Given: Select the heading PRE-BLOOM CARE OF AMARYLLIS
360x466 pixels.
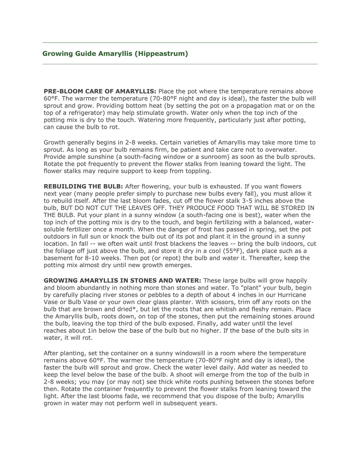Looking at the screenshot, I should click(x=100, y=91).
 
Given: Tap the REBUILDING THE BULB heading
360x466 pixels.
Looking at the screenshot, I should click(x=83, y=187).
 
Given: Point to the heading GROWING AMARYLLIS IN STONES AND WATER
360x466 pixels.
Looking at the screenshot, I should click(x=122, y=281).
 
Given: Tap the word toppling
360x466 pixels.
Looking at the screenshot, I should click(x=197, y=171).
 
